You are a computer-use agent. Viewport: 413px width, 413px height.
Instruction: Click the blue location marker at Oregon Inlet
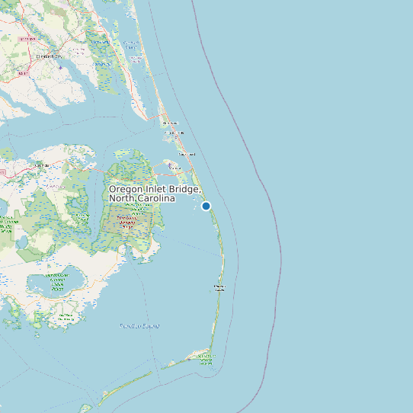(206, 206)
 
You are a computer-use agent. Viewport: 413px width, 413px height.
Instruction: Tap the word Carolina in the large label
(157, 198)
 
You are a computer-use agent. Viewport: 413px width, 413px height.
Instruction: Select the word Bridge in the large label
(184, 189)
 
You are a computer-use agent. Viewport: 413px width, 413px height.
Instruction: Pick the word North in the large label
(122, 198)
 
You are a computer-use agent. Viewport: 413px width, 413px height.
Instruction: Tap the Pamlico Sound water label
(140, 326)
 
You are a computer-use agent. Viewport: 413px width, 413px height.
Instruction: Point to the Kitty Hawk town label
(169, 123)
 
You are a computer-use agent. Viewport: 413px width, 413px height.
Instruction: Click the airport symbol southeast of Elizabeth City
(60, 67)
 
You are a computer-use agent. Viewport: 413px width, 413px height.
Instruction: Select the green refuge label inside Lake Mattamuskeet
(58, 283)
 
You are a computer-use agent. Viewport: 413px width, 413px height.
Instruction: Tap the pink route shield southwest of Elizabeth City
(22, 73)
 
